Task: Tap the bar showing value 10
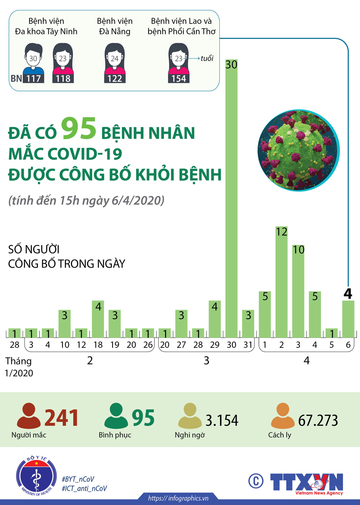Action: click(x=298, y=291)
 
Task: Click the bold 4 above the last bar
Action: click(x=348, y=294)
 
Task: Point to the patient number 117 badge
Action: click(x=34, y=79)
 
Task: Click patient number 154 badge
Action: click(x=179, y=79)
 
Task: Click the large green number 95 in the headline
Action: click(x=79, y=129)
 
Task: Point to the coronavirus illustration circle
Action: click(x=299, y=150)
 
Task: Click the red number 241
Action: click(x=61, y=418)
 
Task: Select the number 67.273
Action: click(x=318, y=420)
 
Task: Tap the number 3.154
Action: click(x=222, y=420)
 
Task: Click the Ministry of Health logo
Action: click(x=36, y=476)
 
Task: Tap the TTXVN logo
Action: click(x=307, y=482)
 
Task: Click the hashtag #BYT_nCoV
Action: click(x=78, y=479)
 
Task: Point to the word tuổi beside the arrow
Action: click(x=207, y=58)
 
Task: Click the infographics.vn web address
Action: click(x=178, y=498)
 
